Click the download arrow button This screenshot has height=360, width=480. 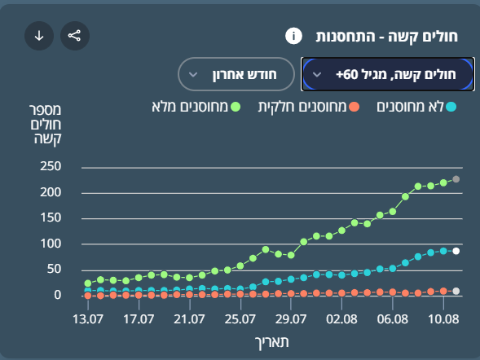click(x=39, y=36)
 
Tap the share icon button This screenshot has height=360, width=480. click(x=75, y=36)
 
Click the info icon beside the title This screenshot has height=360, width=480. click(x=293, y=36)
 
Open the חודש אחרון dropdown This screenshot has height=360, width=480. click(x=236, y=74)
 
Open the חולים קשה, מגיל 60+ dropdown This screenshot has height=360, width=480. click(x=388, y=74)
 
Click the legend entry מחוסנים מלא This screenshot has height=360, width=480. click(x=196, y=107)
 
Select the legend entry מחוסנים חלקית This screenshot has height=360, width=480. click(x=309, y=107)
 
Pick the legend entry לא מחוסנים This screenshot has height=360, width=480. click(x=416, y=107)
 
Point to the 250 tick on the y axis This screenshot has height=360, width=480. click(x=51, y=166)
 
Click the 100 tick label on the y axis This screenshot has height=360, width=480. click(x=51, y=244)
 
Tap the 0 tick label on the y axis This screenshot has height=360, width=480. click(x=58, y=295)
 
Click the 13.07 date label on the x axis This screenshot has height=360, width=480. click(x=88, y=319)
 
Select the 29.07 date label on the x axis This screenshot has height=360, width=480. click(x=291, y=319)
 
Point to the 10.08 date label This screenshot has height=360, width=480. click(x=443, y=319)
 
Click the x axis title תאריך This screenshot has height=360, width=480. click(x=272, y=342)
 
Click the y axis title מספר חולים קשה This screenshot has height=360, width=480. click(x=46, y=124)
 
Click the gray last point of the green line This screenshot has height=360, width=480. click(x=456, y=179)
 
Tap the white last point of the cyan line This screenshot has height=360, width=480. click(x=456, y=251)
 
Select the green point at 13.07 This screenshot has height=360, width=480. click(x=88, y=283)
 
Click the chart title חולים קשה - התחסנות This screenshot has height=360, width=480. click(x=386, y=37)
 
